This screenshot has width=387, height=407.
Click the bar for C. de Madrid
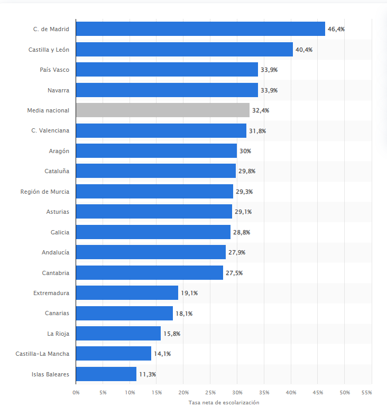(200, 29)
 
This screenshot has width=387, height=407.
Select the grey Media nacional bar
(162, 110)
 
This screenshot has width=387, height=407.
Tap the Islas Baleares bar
(106, 374)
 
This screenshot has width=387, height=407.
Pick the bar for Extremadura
(127, 293)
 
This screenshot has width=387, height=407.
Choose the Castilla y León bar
(184, 50)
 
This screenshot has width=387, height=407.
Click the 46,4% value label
(336, 29)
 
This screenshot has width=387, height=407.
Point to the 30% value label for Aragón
(245, 151)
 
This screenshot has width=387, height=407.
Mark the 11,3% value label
(148, 374)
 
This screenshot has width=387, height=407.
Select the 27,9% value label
(237, 252)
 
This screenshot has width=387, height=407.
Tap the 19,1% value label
(189, 293)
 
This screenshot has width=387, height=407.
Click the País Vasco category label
(54, 70)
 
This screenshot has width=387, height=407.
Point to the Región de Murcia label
(44, 192)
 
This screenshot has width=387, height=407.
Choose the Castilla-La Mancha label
(42, 354)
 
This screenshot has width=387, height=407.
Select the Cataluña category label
(57, 171)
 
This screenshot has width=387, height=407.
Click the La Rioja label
(58, 334)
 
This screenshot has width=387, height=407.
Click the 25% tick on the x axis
(210, 393)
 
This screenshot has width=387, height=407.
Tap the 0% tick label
(76, 393)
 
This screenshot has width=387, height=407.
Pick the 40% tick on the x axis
(291, 393)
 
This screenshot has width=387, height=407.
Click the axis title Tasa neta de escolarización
(224, 402)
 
